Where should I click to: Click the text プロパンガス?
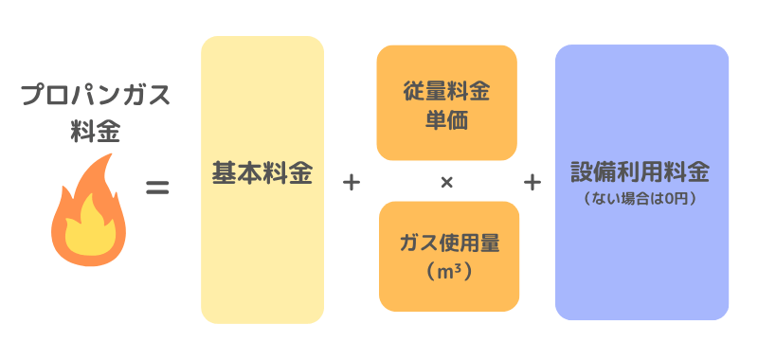95,97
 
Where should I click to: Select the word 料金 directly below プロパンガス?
95,131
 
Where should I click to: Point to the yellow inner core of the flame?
89,232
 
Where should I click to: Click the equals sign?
156,188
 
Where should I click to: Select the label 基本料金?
262,175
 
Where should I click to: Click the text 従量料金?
447,93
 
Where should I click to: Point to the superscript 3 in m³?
460,267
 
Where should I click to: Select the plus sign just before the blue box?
532,182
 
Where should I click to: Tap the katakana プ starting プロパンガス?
31,97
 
